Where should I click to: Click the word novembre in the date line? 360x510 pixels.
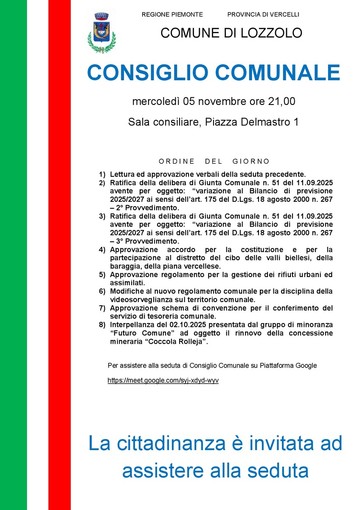point(218,101)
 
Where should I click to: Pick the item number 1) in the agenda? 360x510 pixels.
point(102,174)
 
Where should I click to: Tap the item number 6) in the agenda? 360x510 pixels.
point(102,288)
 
